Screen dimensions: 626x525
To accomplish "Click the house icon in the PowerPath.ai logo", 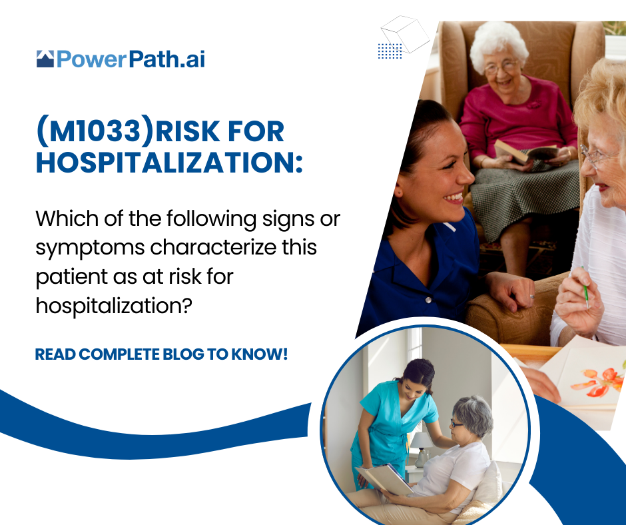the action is coord(45,59).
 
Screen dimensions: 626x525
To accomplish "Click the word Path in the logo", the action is coord(154,59).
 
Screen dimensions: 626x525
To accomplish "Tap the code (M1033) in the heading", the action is coord(95,131).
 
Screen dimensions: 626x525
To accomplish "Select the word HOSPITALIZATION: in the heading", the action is coord(169,163).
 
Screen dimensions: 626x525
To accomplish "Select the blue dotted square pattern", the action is coord(390,51).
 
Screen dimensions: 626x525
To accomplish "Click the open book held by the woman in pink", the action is coord(526,152).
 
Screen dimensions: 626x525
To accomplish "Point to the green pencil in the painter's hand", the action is coord(585,287).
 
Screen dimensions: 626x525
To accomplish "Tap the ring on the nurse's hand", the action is coord(532,296).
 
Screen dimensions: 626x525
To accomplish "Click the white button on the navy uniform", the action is coord(428,300).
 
